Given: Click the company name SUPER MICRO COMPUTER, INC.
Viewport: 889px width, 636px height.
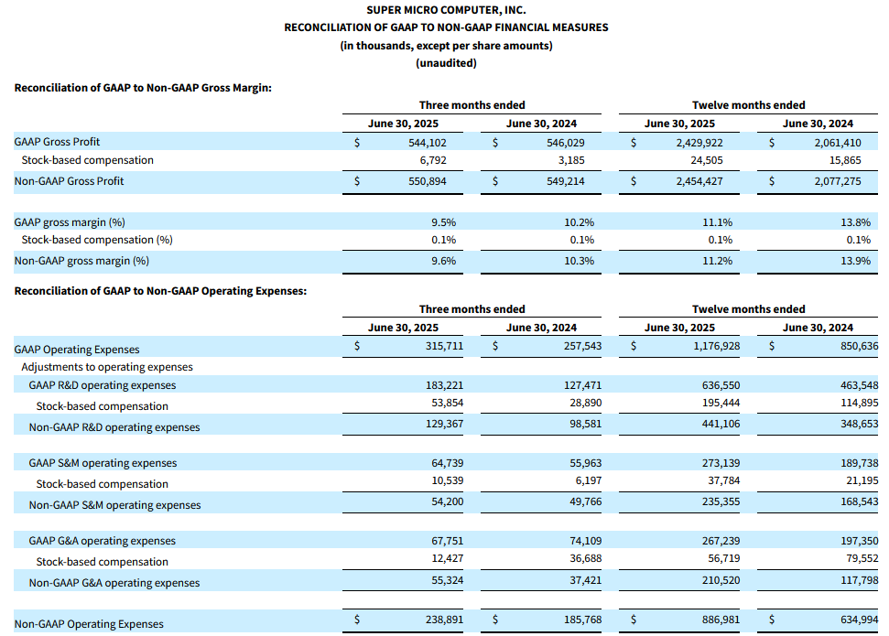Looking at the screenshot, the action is [x=446, y=10].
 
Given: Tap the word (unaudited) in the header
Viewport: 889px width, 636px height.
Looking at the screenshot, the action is [x=446, y=63].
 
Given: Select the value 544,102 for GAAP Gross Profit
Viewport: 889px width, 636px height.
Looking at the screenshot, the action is [x=428, y=143].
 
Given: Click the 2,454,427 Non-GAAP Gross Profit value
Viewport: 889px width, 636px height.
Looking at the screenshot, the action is [x=699, y=181].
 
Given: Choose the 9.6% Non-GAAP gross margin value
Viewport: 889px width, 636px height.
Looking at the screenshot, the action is [x=443, y=261].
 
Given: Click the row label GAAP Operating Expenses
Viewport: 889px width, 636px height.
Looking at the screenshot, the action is [x=77, y=350].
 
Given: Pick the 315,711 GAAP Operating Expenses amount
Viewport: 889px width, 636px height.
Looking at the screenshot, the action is [x=445, y=346].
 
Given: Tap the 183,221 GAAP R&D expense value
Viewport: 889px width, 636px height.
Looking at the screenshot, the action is [x=445, y=385].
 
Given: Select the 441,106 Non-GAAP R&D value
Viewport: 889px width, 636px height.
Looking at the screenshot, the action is [x=721, y=424].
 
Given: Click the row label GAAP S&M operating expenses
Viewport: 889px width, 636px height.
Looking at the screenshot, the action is [x=103, y=463].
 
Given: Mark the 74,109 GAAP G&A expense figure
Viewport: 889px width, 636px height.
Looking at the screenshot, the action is [x=586, y=541].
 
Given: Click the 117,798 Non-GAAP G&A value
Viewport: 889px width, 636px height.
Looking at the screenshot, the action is [x=860, y=580].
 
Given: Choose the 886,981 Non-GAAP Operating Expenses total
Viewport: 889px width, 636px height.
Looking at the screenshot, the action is [x=721, y=620].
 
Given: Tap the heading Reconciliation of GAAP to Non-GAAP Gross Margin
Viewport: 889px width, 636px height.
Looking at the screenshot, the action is [x=143, y=88].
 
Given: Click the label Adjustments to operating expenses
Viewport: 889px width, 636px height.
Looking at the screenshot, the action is [x=107, y=367].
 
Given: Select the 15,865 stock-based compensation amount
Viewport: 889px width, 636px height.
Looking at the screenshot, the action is [x=845, y=160].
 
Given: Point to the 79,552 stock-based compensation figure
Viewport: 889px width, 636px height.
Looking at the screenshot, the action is [x=862, y=558].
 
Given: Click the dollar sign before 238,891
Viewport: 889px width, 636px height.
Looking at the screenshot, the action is [x=357, y=620].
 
